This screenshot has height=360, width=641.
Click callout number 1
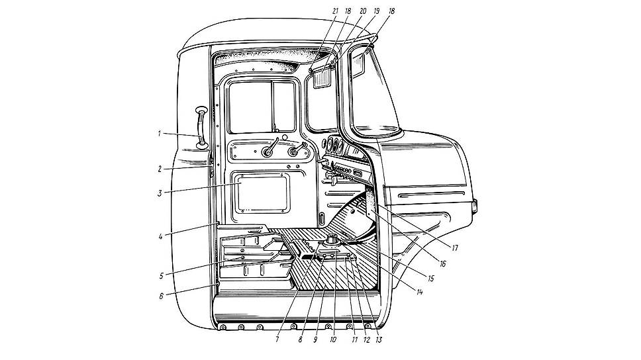[x=160, y=133]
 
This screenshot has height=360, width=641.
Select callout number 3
[x=160, y=193]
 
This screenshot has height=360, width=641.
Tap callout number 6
[x=161, y=296]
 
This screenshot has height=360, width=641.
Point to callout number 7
[x=277, y=339]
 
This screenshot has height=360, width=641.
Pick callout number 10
[x=333, y=339]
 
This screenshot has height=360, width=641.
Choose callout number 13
[x=379, y=339]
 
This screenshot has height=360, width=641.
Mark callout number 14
[x=419, y=292]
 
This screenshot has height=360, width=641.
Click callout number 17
[x=454, y=247]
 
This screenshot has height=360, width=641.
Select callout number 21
[x=335, y=11]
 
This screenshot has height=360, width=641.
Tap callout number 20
[x=363, y=11]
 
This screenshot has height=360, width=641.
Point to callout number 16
[x=442, y=264]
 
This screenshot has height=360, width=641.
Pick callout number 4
[x=161, y=236]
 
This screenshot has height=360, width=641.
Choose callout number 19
[x=377, y=11]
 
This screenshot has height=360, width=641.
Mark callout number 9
[x=315, y=339]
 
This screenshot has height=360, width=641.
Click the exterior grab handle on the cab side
[x=201, y=128]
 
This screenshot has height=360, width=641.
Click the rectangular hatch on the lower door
[x=261, y=193]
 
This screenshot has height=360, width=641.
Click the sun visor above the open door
[x=324, y=77]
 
